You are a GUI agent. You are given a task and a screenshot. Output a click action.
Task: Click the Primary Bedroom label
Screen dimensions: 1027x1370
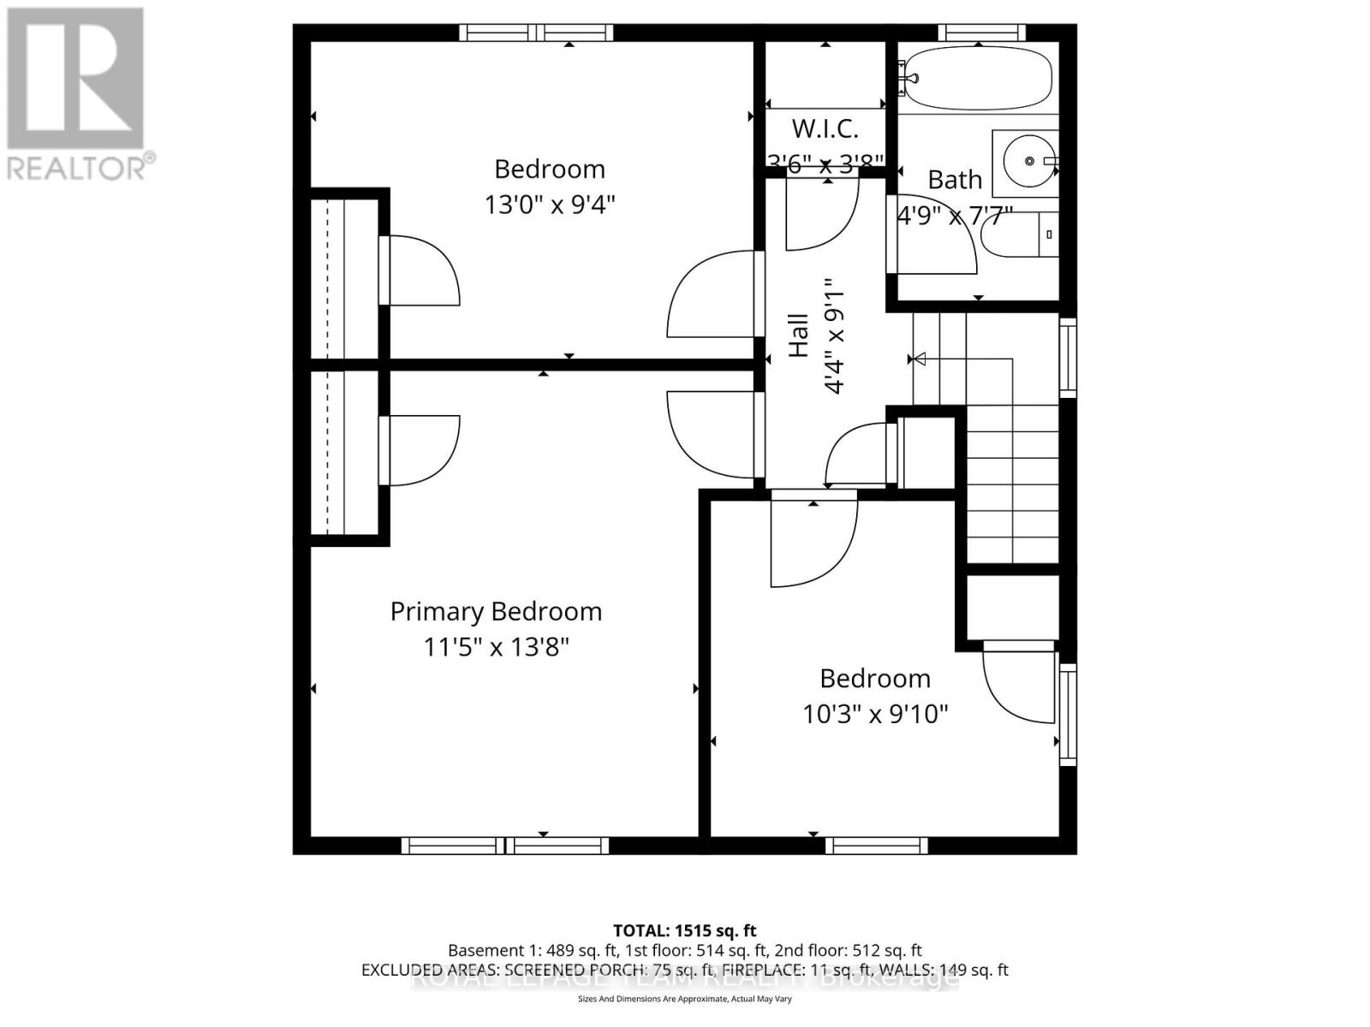tap(496, 611)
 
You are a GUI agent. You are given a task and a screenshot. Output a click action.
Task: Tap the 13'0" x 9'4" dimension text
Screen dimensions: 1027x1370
tap(550, 205)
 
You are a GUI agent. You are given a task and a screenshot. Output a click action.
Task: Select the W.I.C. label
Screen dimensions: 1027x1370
tap(825, 129)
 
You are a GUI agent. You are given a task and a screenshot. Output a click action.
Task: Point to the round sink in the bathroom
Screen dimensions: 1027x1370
tap(1028, 161)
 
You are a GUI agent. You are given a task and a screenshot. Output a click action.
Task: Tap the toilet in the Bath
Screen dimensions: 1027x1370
tap(1019, 234)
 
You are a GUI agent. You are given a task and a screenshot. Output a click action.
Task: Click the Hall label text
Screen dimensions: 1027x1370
tap(798, 335)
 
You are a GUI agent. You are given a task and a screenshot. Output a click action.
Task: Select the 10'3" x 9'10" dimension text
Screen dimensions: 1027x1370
tap(875, 714)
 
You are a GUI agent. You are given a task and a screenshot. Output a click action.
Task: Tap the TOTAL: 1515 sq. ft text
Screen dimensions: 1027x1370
tap(684, 930)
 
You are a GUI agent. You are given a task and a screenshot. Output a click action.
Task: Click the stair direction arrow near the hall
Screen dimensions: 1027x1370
tap(918, 359)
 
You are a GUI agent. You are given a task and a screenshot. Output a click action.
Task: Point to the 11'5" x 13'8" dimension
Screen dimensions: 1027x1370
tap(496, 647)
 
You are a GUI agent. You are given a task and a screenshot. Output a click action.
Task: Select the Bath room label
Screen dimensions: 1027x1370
tap(955, 180)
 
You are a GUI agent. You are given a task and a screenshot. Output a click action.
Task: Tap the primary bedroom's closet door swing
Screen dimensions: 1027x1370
tap(424, 449)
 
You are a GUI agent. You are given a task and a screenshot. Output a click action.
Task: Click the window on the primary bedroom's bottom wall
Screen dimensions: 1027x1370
tap(505, 846)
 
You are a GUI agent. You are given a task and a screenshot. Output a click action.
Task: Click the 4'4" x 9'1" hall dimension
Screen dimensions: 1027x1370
tap(834, 335)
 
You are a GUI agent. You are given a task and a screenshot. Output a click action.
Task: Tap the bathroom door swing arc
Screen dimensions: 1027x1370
tap(938, 244)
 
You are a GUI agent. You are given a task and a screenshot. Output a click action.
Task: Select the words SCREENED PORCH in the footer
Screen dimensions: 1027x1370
tap(565, 970)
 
